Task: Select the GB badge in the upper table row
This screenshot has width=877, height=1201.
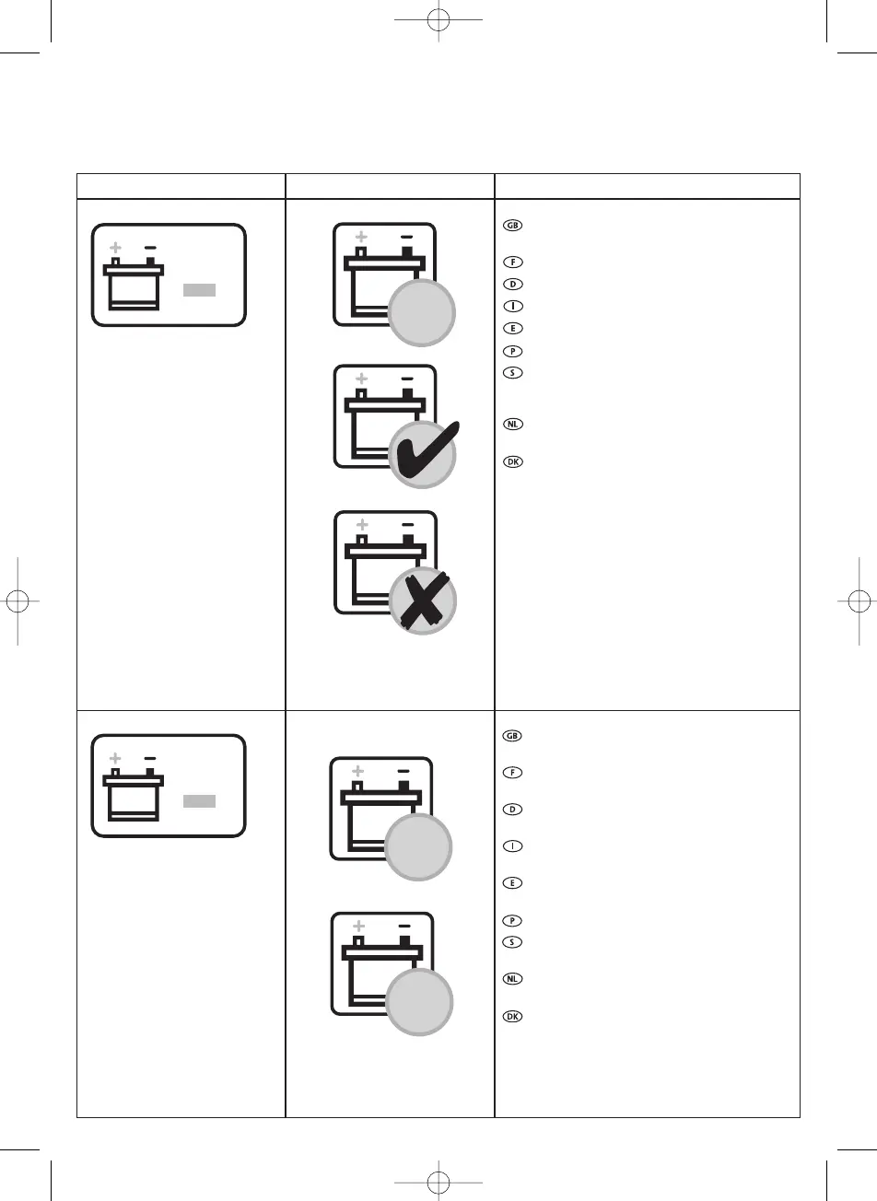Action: pos(513,226)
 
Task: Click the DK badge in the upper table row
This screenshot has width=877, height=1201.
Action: pos(513,461)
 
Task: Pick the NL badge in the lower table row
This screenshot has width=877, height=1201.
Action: pos(513,979)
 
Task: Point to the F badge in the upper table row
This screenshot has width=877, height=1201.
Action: pos(513,262)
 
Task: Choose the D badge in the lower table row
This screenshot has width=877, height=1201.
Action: pos(513,810)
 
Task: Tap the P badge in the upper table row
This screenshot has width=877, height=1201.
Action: pos(513,351)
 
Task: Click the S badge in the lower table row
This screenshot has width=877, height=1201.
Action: pos(513,942)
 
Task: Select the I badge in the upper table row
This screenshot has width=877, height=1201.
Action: pos(513,306)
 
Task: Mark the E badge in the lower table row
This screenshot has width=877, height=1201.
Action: pos(513,882)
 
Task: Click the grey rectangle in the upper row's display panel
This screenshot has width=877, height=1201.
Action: pos(199,290)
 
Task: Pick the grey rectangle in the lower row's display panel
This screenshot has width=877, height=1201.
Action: pos(199,801)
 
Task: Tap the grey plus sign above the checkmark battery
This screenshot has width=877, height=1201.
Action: pos(361,379)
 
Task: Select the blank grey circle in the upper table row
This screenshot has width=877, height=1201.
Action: pos(422,314)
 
